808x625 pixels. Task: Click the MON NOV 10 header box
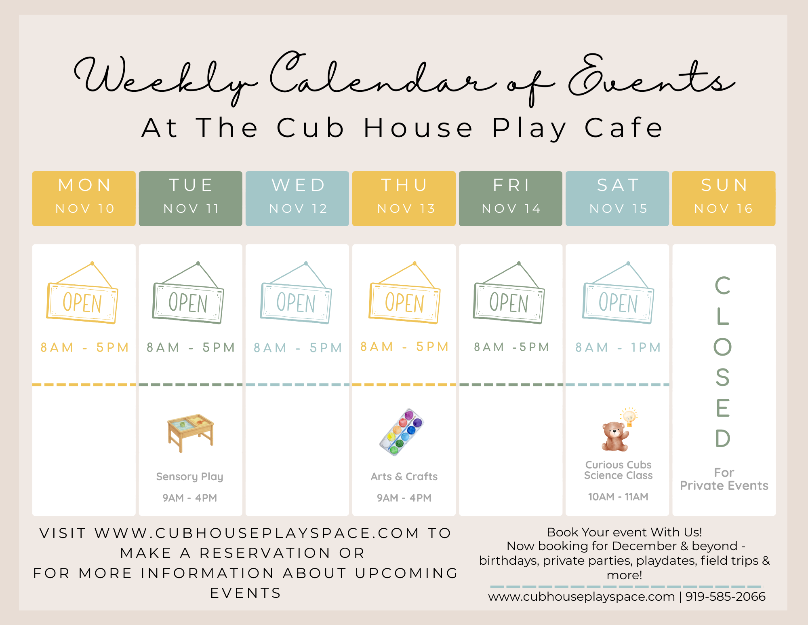[x=84, y=199]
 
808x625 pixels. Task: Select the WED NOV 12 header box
[x=297, y=199]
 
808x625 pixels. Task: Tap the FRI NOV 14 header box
[x=511, y=199]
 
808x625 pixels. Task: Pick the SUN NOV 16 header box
[x=724, y=199]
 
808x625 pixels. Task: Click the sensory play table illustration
[x=191, y=432]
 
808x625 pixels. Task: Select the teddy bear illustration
[x=614, y=436]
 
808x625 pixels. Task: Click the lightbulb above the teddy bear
[x=629, y=417]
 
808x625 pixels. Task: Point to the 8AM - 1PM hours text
[x=618, y=347]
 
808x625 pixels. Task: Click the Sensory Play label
[x=190, y=477]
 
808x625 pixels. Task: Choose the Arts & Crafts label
[x=404, y=477]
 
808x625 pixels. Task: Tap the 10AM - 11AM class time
[x=618, y=497]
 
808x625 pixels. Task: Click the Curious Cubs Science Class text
[x=618, y=470]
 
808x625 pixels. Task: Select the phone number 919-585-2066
[x=726, y=597]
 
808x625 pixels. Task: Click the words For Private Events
[x=724, y=479]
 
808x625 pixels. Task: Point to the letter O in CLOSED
[x=723, y=347]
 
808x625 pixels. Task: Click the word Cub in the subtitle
[x=310, y=128]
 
